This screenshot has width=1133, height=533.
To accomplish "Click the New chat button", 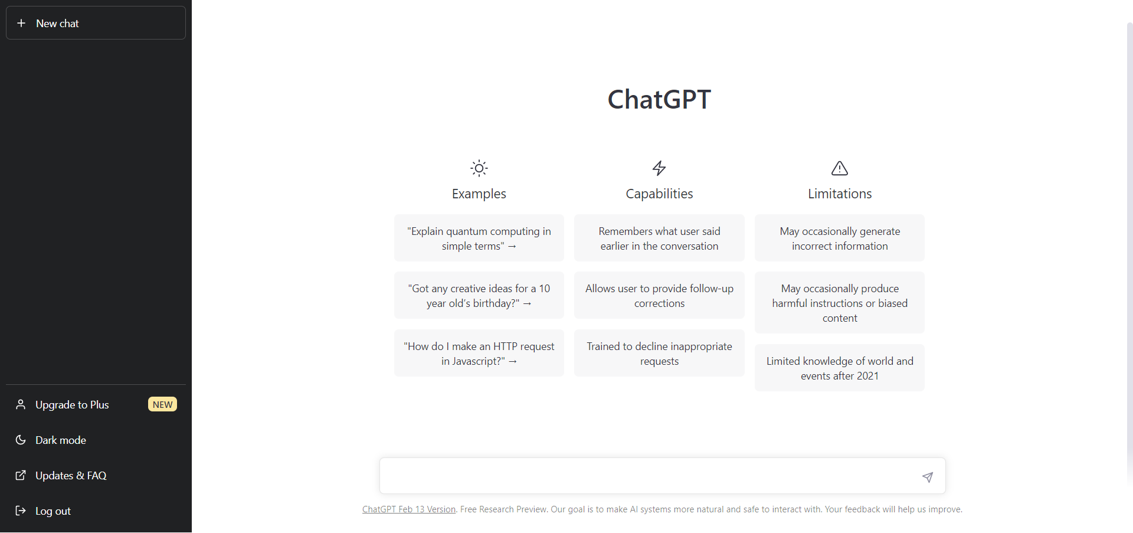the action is click(x=96, y=23).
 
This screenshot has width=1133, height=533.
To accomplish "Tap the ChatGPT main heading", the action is click(x=659, y=99).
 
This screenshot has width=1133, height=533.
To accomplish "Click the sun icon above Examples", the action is click(x=479, y=168).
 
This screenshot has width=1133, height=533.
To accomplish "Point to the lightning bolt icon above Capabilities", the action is click(x=659, y=168).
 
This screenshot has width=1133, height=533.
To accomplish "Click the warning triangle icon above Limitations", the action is click(x=840, y=168).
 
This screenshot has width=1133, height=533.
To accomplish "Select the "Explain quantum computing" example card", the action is click(x=479, y=238).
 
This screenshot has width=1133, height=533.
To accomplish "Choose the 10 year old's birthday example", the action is click(x=479, y=296).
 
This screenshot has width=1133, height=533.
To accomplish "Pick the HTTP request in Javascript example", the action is click(x=479, y=354).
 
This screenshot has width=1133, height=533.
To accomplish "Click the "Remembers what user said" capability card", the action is click(x=659, y=238).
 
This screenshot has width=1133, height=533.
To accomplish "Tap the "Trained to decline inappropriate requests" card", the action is click(x=659, y=354).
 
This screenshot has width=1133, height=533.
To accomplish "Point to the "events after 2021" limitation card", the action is click(x=839, y=368).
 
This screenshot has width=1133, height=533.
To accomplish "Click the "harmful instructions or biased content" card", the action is click(x=839, y=303).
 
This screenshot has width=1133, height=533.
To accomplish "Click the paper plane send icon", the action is click(x=928, y=477).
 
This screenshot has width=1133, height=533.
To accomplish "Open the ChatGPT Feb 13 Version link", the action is click(x=409, y=509).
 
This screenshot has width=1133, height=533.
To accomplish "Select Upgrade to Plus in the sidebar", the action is click(x=72, y=405).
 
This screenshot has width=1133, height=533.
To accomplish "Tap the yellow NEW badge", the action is click(x=162, y=404).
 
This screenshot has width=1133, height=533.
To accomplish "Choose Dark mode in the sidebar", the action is click(x=61, y=440).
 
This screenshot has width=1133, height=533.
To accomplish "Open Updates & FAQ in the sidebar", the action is click(x=71, y=476).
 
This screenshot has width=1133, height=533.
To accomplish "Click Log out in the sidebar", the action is click(x=53, y=511).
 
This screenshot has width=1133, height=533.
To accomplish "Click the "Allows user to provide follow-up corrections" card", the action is click(x=659, y=296).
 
